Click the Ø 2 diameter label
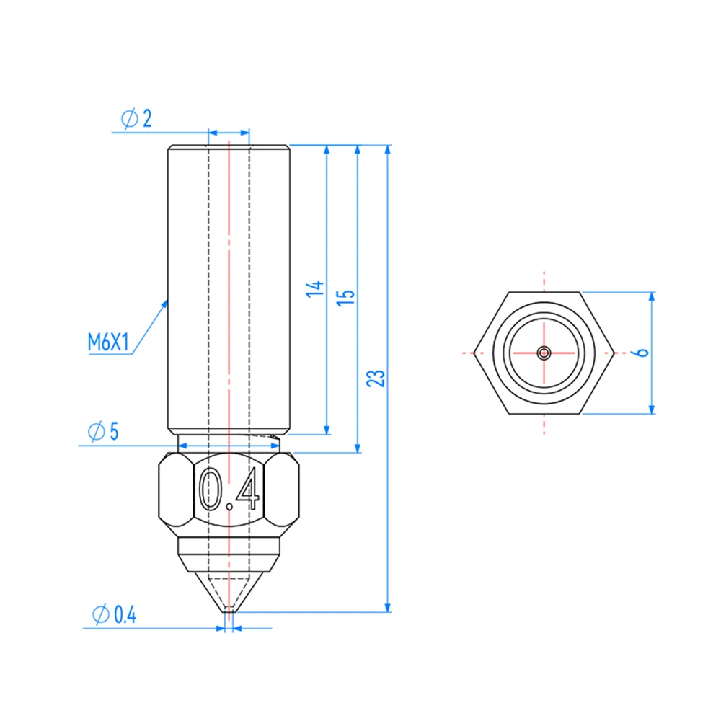(x=136, y=120)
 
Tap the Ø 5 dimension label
(x=102, y=432)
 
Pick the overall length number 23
(x=376, y=378)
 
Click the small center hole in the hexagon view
(x=544, y=353)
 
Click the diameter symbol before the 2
(x=128, y=120)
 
